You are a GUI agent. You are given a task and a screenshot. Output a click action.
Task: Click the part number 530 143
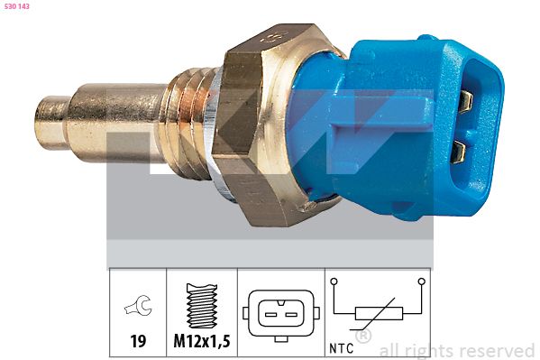coord(17,7)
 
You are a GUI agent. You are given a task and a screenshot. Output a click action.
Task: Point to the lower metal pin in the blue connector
coord(460,148)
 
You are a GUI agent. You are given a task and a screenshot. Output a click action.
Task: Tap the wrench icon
coord(137,308)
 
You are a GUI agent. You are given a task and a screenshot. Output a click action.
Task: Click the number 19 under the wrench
coord(137,341)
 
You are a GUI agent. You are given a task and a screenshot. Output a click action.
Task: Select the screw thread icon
coord(202,306)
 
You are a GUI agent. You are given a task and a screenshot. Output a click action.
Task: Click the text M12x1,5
coord(202,341)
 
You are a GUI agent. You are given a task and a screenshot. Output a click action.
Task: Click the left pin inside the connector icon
coord(269,313)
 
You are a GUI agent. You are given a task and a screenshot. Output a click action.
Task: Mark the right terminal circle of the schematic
coord(421,282)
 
